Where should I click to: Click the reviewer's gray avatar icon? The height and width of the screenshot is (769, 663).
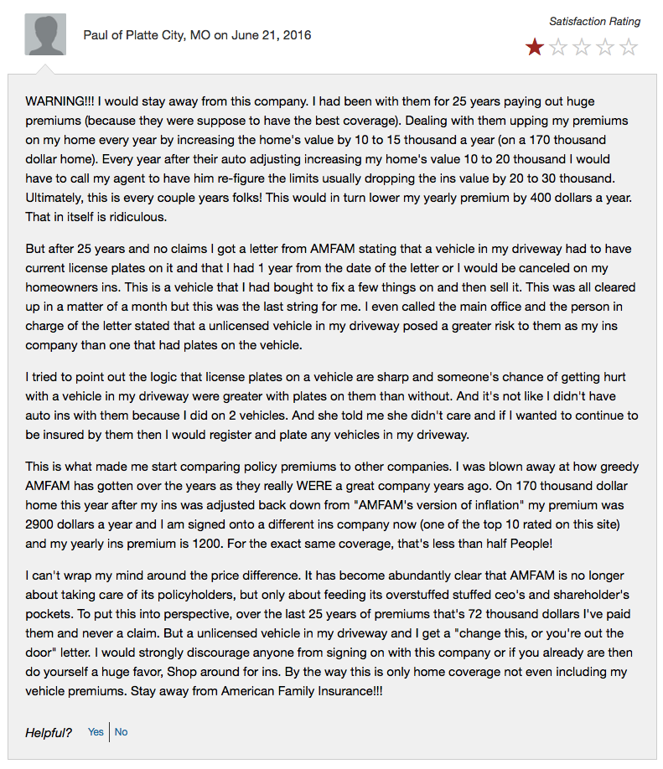click(45, 34)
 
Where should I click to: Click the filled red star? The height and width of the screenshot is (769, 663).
click(534, 47)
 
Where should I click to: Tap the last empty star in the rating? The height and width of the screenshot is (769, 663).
click(629, 47)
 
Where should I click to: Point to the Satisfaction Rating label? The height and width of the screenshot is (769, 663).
click(594, 22)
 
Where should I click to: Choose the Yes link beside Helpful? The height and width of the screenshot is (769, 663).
click(96, 732)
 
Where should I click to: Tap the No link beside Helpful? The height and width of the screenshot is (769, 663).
click(122, 732)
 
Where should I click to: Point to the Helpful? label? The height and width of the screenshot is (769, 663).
click(49, 733)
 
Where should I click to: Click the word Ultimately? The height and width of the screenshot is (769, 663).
click(57, 198)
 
